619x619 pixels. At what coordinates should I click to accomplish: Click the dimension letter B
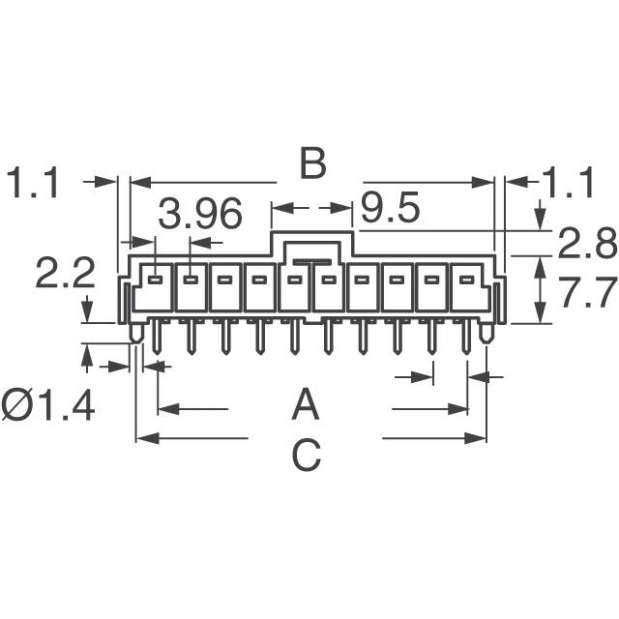click(311, 164)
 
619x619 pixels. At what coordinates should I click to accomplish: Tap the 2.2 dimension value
click(65, 276)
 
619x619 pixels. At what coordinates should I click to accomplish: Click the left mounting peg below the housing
click(135, 333)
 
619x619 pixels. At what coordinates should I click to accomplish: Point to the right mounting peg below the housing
click(486, 333)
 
